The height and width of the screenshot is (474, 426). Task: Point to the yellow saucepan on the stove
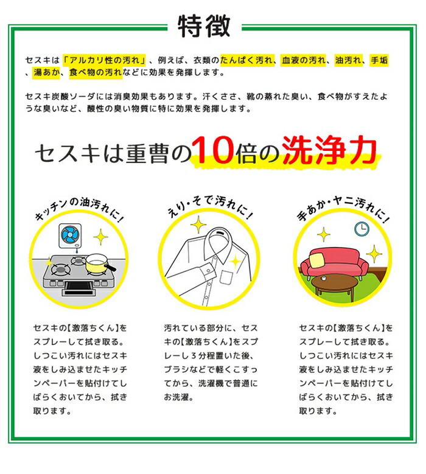pyautogui.click(x=98, y=263)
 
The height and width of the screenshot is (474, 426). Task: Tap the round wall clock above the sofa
pyautogui.click(x=361, y=228)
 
